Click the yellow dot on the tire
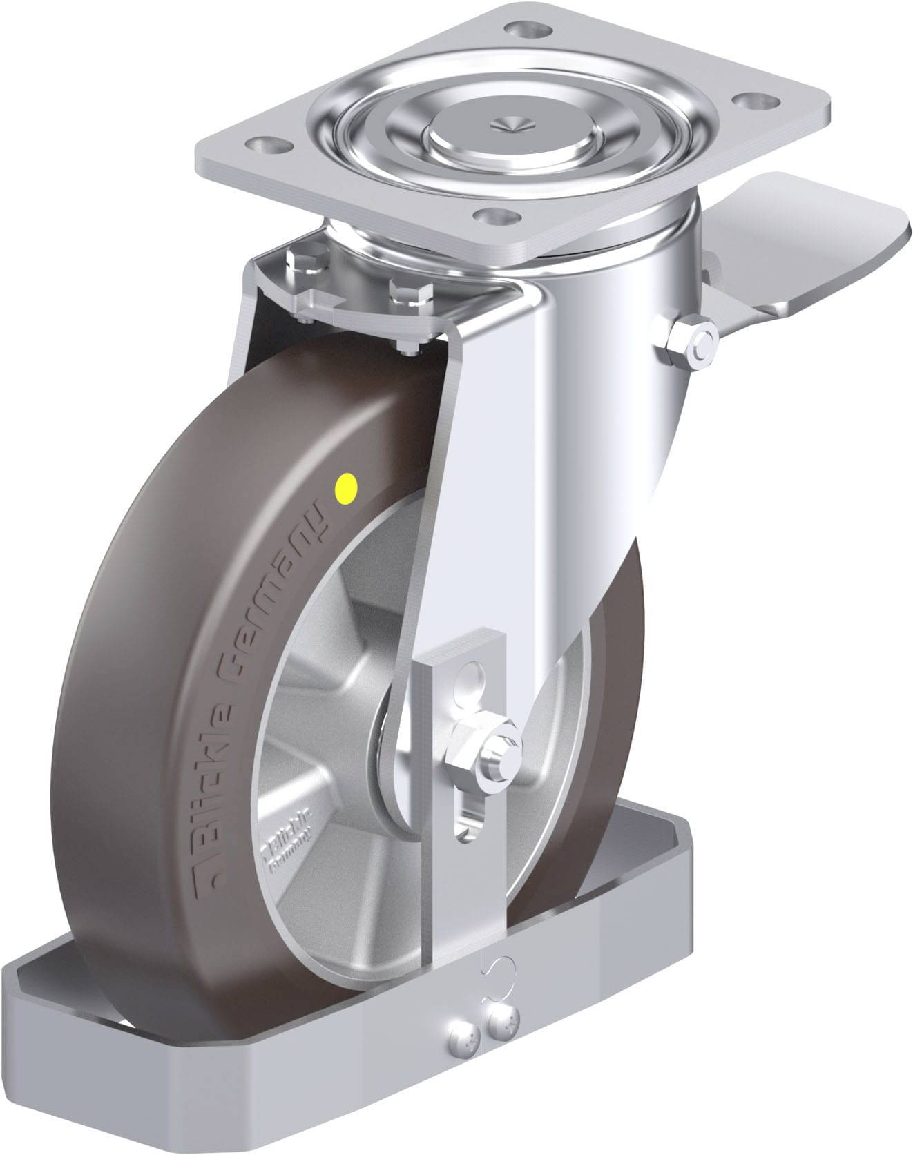pos(345,487)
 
